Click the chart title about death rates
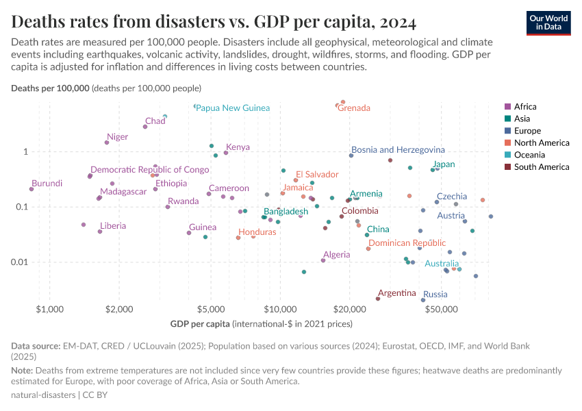(214, 23)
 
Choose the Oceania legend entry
(529, 155)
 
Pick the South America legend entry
(541, 167)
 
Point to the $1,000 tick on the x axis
(49, 309)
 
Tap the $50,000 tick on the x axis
(441, 309)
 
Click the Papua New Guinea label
(233, 108)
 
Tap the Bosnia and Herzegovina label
(398, 149)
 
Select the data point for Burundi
(31, 189)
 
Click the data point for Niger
(107, 142)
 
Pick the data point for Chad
(145, 127)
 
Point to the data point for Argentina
(378, 299)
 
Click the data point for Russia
(423, 300)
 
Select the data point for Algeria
(323, 260)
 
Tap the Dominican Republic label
(407, 243)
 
